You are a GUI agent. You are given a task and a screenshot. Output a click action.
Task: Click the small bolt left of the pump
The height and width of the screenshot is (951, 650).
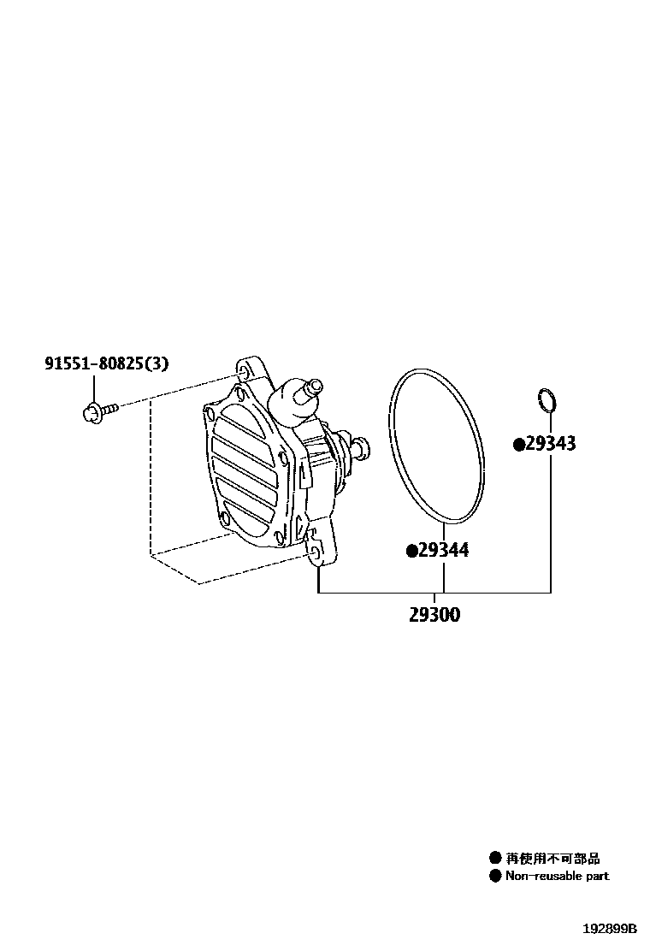pyautogui.click(x=97, y=413)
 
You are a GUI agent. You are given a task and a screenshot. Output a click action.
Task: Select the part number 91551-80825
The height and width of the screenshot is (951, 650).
pyautogui.click(x=93, y=363)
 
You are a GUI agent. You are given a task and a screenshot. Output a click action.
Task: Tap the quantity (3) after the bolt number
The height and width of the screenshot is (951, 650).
pyautogui.click(x=156, y=363)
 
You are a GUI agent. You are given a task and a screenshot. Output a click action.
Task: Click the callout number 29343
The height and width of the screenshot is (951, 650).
pyautogui.click(x=550, y=444)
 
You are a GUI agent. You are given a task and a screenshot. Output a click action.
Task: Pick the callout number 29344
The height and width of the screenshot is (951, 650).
pyautogui.click(x=443, y=551)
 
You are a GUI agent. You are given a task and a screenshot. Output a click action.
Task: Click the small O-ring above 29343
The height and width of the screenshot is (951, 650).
pyautogui.click(x=548, y=399)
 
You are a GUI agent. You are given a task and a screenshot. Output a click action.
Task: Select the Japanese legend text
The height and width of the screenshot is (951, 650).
pyautogui.click(x=552, y=858)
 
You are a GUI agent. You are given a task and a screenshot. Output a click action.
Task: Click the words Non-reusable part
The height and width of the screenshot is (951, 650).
pyautogui.click(x=557, y=876)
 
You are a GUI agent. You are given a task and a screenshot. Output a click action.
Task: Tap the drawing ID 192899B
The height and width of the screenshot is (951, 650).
pyautogui.click(x=611, y=929)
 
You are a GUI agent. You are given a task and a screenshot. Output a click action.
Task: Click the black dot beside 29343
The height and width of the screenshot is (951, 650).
pyautogui.click(x=518, y=444)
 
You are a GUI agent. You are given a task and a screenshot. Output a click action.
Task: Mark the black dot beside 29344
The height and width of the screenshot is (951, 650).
pyautogui.click(x=411, y=551)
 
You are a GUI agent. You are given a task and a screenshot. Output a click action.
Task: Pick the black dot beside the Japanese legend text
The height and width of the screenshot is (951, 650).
pyautogui.click(x=494, y=858)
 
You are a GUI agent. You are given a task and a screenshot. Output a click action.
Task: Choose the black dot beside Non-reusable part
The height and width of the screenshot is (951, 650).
pyautogui.click(x=494, y=876)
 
